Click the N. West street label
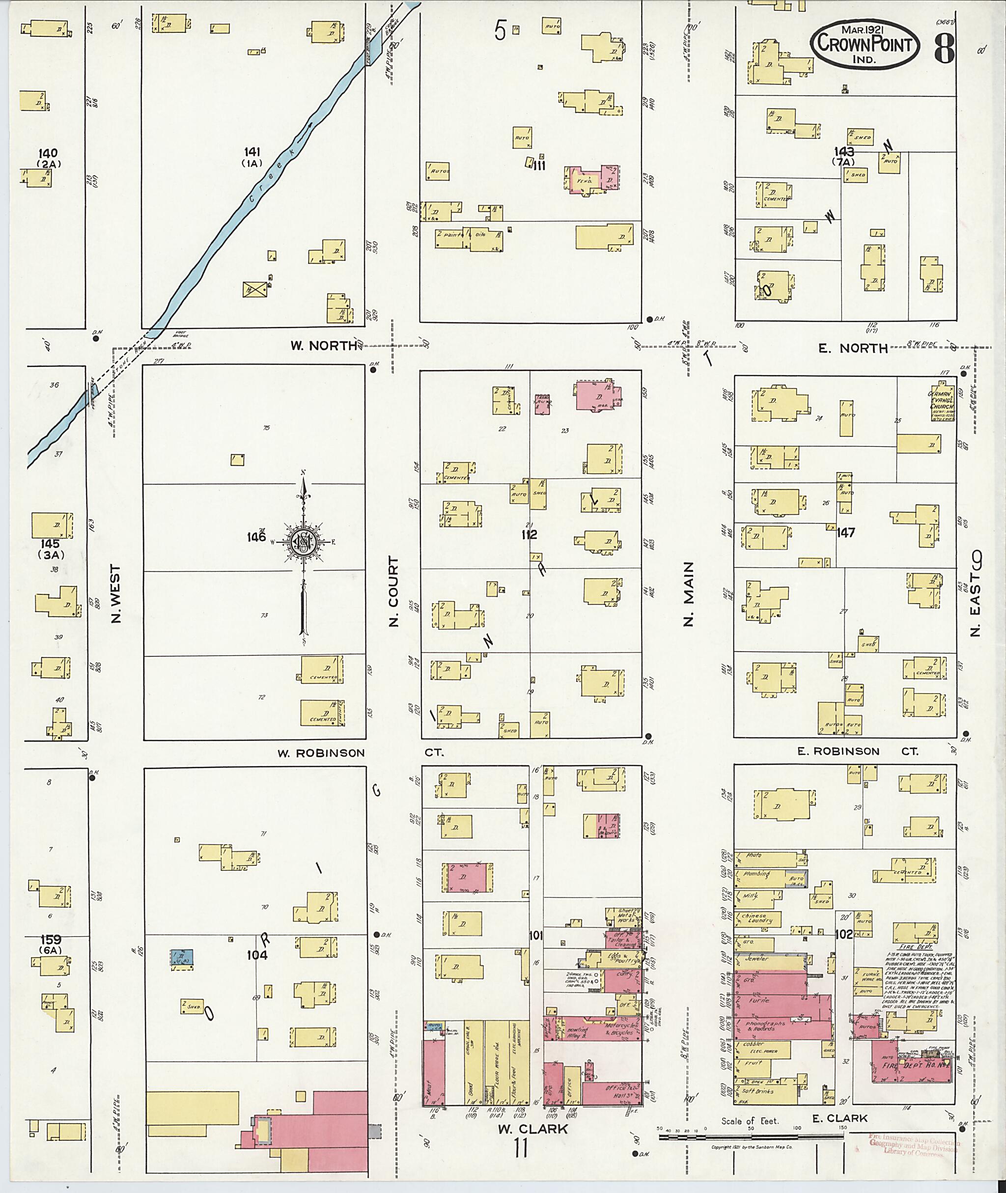[116, 593]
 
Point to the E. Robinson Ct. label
[857, 751]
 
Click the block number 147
[846, 532]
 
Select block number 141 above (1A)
[252, 152]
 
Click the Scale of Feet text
[750, 1121]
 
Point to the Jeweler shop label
[757, 959]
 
